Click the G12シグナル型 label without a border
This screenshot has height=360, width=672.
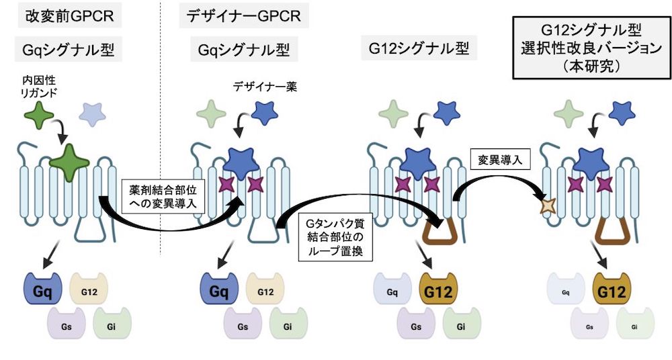pos(414,49)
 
